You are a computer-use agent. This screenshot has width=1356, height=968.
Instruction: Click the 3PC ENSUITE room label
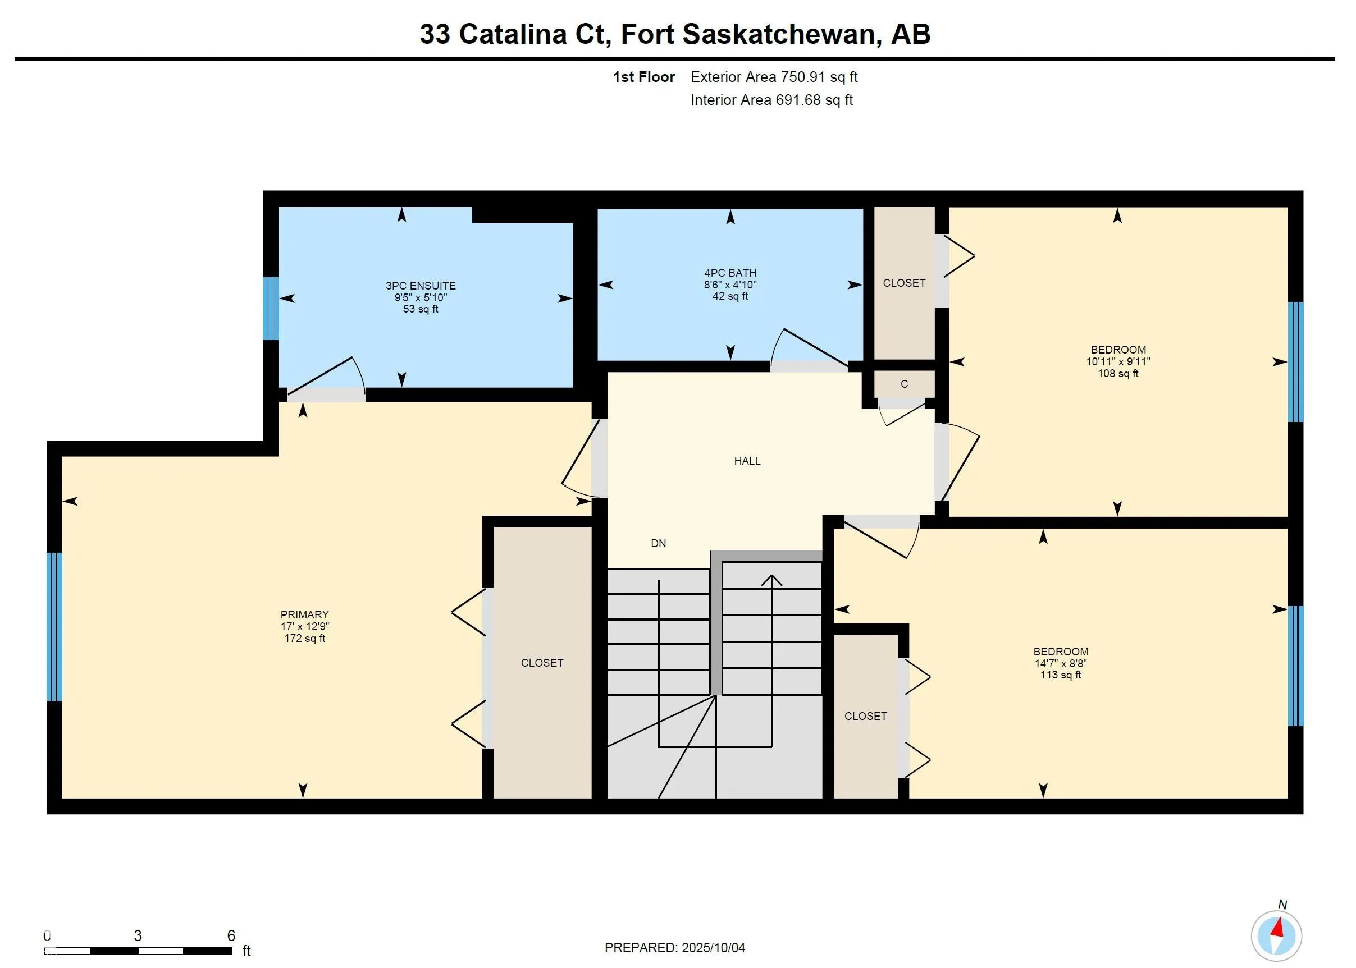tap(421, 286)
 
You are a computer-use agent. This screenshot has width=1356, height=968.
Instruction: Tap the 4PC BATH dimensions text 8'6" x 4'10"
tap(730, 285)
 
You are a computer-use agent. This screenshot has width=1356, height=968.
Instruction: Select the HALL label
tap(747, 461)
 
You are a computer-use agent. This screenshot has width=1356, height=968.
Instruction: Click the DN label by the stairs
tap(658, 543)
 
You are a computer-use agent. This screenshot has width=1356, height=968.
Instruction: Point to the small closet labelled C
tap(904, 384)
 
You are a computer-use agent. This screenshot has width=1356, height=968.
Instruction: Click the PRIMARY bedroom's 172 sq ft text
tap(305, 639)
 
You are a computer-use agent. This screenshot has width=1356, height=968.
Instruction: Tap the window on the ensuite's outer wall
tap(271, 308)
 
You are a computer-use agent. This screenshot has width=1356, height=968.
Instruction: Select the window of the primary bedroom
tap(54, 626)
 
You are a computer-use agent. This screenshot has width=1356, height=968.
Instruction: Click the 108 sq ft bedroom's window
tap(1295, 362)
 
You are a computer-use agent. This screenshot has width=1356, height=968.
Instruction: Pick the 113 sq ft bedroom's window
tap(1295, 666)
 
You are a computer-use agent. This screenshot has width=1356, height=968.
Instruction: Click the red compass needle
tap(1278, 928)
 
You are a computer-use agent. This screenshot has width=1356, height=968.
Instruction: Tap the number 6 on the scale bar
tap(231, 935)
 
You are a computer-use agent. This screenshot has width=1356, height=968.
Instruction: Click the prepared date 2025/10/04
tap(713, 948)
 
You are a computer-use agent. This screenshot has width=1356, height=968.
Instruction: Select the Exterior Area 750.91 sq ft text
tap(774, 77)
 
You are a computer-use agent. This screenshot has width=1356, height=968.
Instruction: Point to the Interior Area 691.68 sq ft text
tap(771, 100)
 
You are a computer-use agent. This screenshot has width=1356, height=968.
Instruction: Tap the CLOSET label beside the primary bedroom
tap(542, 663)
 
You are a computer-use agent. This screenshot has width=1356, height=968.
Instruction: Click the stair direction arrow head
tap(772, 579)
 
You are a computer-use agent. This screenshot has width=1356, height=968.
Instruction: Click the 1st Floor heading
tap(644, 77)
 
